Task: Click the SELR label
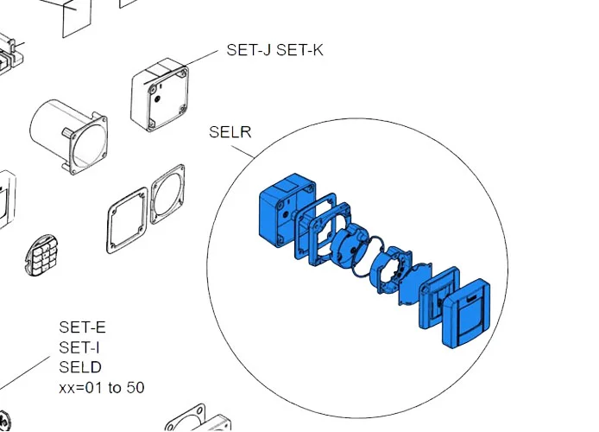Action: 230,133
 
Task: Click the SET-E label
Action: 82,327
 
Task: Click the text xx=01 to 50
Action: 101,387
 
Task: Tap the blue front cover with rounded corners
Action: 466,314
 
